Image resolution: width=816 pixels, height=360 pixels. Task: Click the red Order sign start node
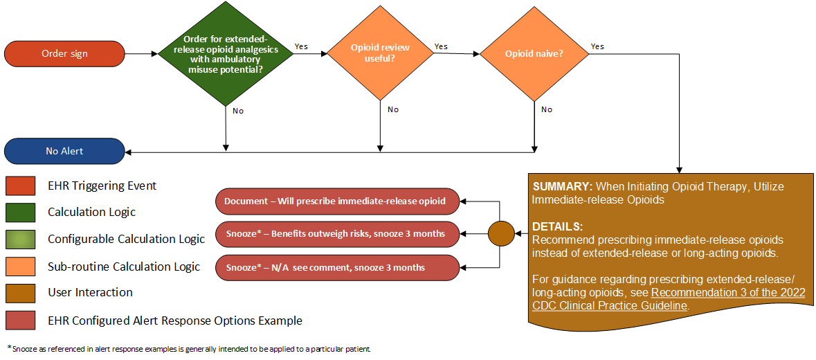[x=64, y=53]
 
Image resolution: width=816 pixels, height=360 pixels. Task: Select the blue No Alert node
[x=64, y=151]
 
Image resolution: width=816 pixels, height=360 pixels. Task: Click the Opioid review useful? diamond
[x=380, y=53]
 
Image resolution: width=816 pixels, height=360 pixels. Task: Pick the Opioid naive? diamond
[x=534, y=53]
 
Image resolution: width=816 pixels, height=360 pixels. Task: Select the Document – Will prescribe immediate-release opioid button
[x=338, y=201]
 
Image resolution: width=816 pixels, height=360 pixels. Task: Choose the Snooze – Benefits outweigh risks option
[x=338, y=234]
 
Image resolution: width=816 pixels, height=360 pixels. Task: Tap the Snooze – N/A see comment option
[x=338, y=267]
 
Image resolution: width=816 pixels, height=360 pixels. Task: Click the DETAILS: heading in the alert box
[x=557, y=226]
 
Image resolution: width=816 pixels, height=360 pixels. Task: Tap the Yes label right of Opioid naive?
[x=597, y=46]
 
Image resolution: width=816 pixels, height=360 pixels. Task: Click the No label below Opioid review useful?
[x=393, y=109]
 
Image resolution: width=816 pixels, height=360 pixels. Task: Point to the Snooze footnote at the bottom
[x=188, y=348]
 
